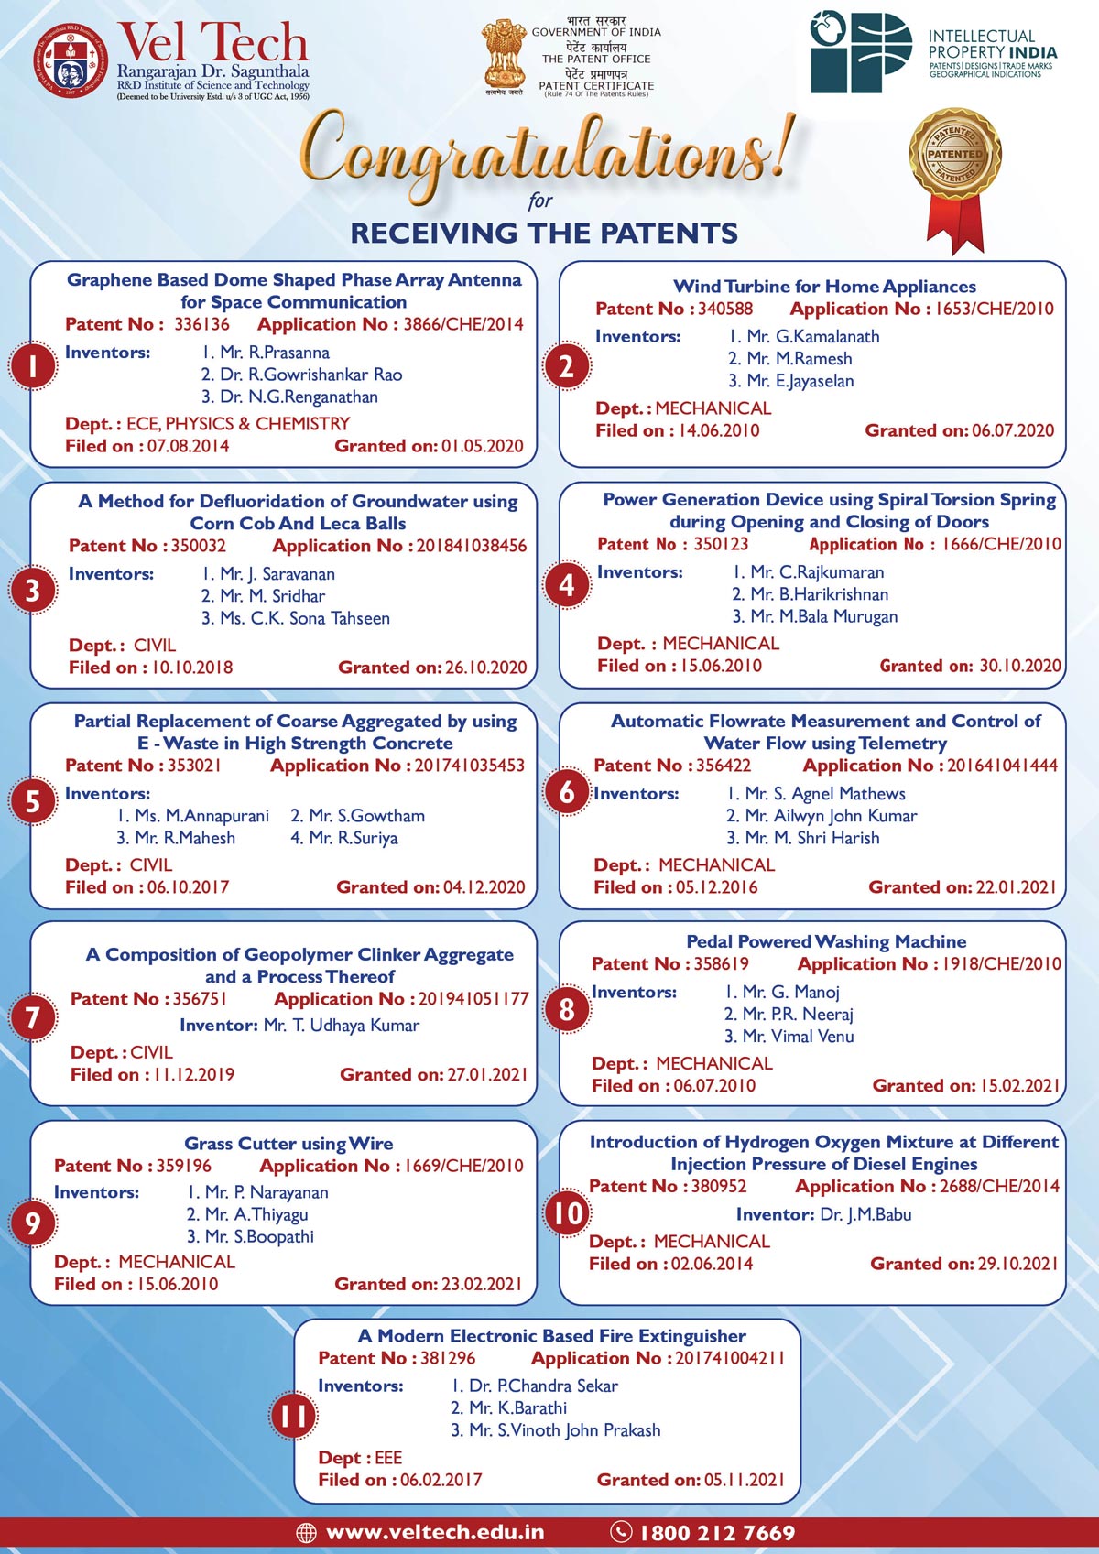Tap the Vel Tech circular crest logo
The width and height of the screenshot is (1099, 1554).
[x=70, y=60]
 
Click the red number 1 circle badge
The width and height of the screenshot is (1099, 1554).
[x=33, y=365]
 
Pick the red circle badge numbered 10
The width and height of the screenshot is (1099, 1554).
[x=568, y=1213]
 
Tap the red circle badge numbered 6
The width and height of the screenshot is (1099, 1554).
[x=567, y=792]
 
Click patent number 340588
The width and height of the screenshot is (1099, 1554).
[x=725, y=310]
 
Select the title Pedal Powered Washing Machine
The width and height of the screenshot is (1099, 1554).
[x=826, y=941]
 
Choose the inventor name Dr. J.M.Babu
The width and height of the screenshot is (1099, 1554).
[x=865, y=1214]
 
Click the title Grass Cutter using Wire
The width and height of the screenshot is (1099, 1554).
[x=288, y=1144]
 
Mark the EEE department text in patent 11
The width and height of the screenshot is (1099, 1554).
[x=388, y=1457]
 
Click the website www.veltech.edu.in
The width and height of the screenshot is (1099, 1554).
[x=435, y=1532]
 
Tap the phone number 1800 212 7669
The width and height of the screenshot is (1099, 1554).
[x=717, y=1532]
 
